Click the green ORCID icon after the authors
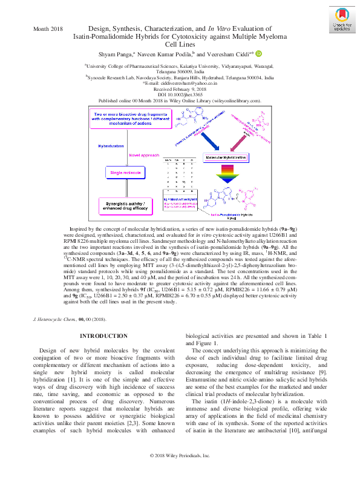click(x=259, y=53)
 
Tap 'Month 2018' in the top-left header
click(x=48, y=28)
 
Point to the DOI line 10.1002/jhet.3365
click(x=180, y=94)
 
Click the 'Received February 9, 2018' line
click(x=180, y=89)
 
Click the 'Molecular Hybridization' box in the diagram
click(x=226, y=157)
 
